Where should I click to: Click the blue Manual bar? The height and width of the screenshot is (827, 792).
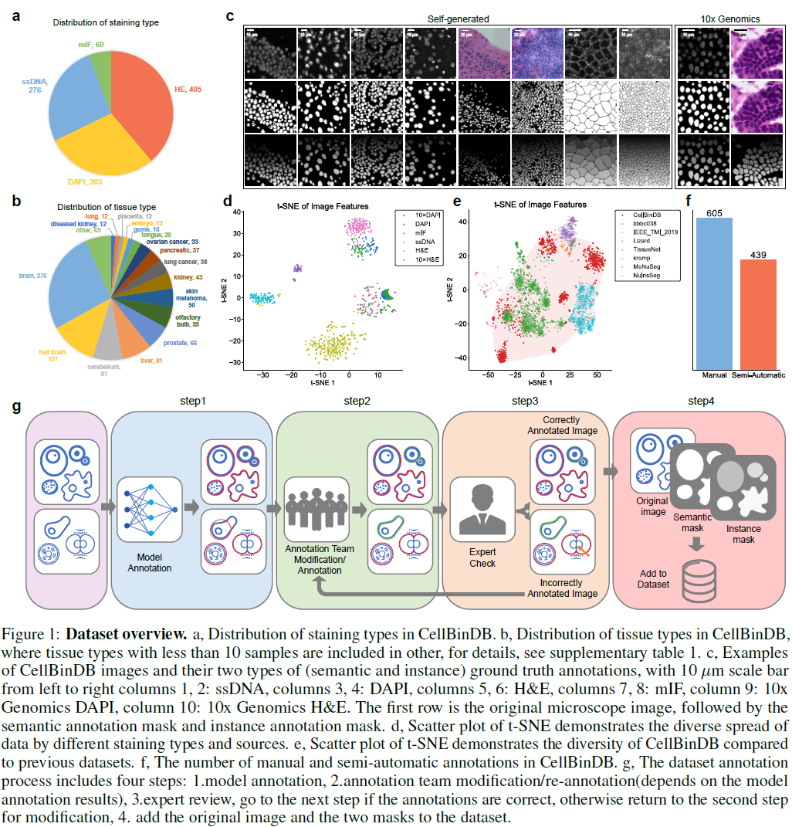714,293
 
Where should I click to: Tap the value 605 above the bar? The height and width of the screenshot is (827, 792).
714,212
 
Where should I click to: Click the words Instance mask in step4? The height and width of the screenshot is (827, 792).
743,534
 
